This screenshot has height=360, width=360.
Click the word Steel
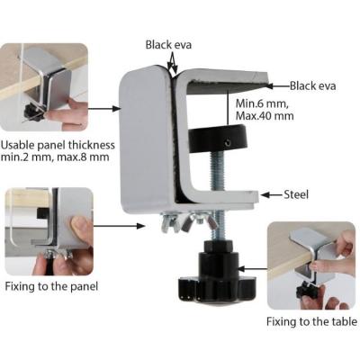coord(296,194)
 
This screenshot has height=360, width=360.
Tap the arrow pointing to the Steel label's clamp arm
coord(271,195)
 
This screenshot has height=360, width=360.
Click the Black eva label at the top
coord(168,45)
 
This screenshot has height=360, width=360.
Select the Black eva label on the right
coord(312,86)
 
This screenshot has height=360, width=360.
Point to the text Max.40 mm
coord(265,116)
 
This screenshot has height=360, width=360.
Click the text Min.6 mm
coord(262,103)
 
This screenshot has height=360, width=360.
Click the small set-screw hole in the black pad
coord(229,143)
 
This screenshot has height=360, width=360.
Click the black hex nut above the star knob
coord(218,247)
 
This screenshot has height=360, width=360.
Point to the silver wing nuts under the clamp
coord(186,222)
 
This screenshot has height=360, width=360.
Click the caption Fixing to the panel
coord(51,286)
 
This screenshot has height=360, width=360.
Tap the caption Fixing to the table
coord(312,322)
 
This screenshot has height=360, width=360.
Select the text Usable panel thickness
coord(58,145)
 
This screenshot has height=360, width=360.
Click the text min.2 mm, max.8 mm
coord(55,157)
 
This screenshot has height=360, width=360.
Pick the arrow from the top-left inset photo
coord(104,108)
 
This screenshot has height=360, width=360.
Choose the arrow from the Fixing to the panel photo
coord(119,226)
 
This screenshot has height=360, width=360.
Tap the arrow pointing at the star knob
coord(253,268)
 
